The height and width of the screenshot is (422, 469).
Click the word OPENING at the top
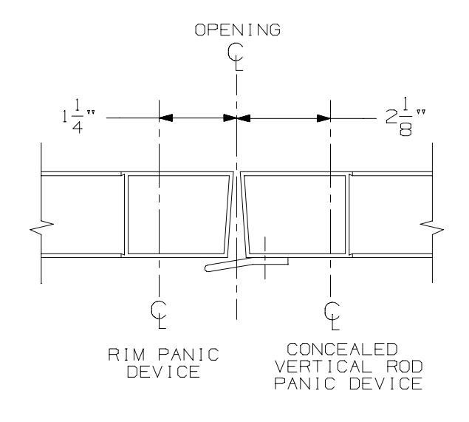(238, 30)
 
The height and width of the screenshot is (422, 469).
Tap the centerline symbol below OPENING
(236, 57)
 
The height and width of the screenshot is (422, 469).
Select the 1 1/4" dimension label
(78, 117)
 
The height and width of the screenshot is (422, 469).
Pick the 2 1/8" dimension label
(405, 117)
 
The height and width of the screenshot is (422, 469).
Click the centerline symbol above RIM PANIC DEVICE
(159, 314)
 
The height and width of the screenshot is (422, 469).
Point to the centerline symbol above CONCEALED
(332, 316)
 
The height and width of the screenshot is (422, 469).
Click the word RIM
(126, 355)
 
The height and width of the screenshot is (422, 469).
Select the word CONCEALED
(342, 350)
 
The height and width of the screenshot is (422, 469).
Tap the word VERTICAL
(323, 367)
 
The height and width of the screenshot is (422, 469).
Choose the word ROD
(405, 367)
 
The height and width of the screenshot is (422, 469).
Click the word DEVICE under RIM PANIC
(163, 372)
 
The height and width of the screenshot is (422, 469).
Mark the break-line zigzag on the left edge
(42, 228)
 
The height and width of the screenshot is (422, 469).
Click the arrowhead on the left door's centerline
(166, 118)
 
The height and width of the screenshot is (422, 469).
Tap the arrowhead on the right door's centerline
(323, 118)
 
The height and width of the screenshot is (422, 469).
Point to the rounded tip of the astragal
(207, 268)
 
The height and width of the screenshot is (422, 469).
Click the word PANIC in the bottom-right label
(304, 384)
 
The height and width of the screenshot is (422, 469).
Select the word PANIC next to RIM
(188, 355)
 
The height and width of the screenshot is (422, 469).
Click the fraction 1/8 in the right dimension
(405, 117)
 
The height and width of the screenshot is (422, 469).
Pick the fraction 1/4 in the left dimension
(77, 117)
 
